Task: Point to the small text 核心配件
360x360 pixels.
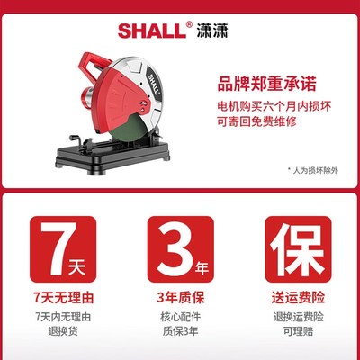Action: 180,318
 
